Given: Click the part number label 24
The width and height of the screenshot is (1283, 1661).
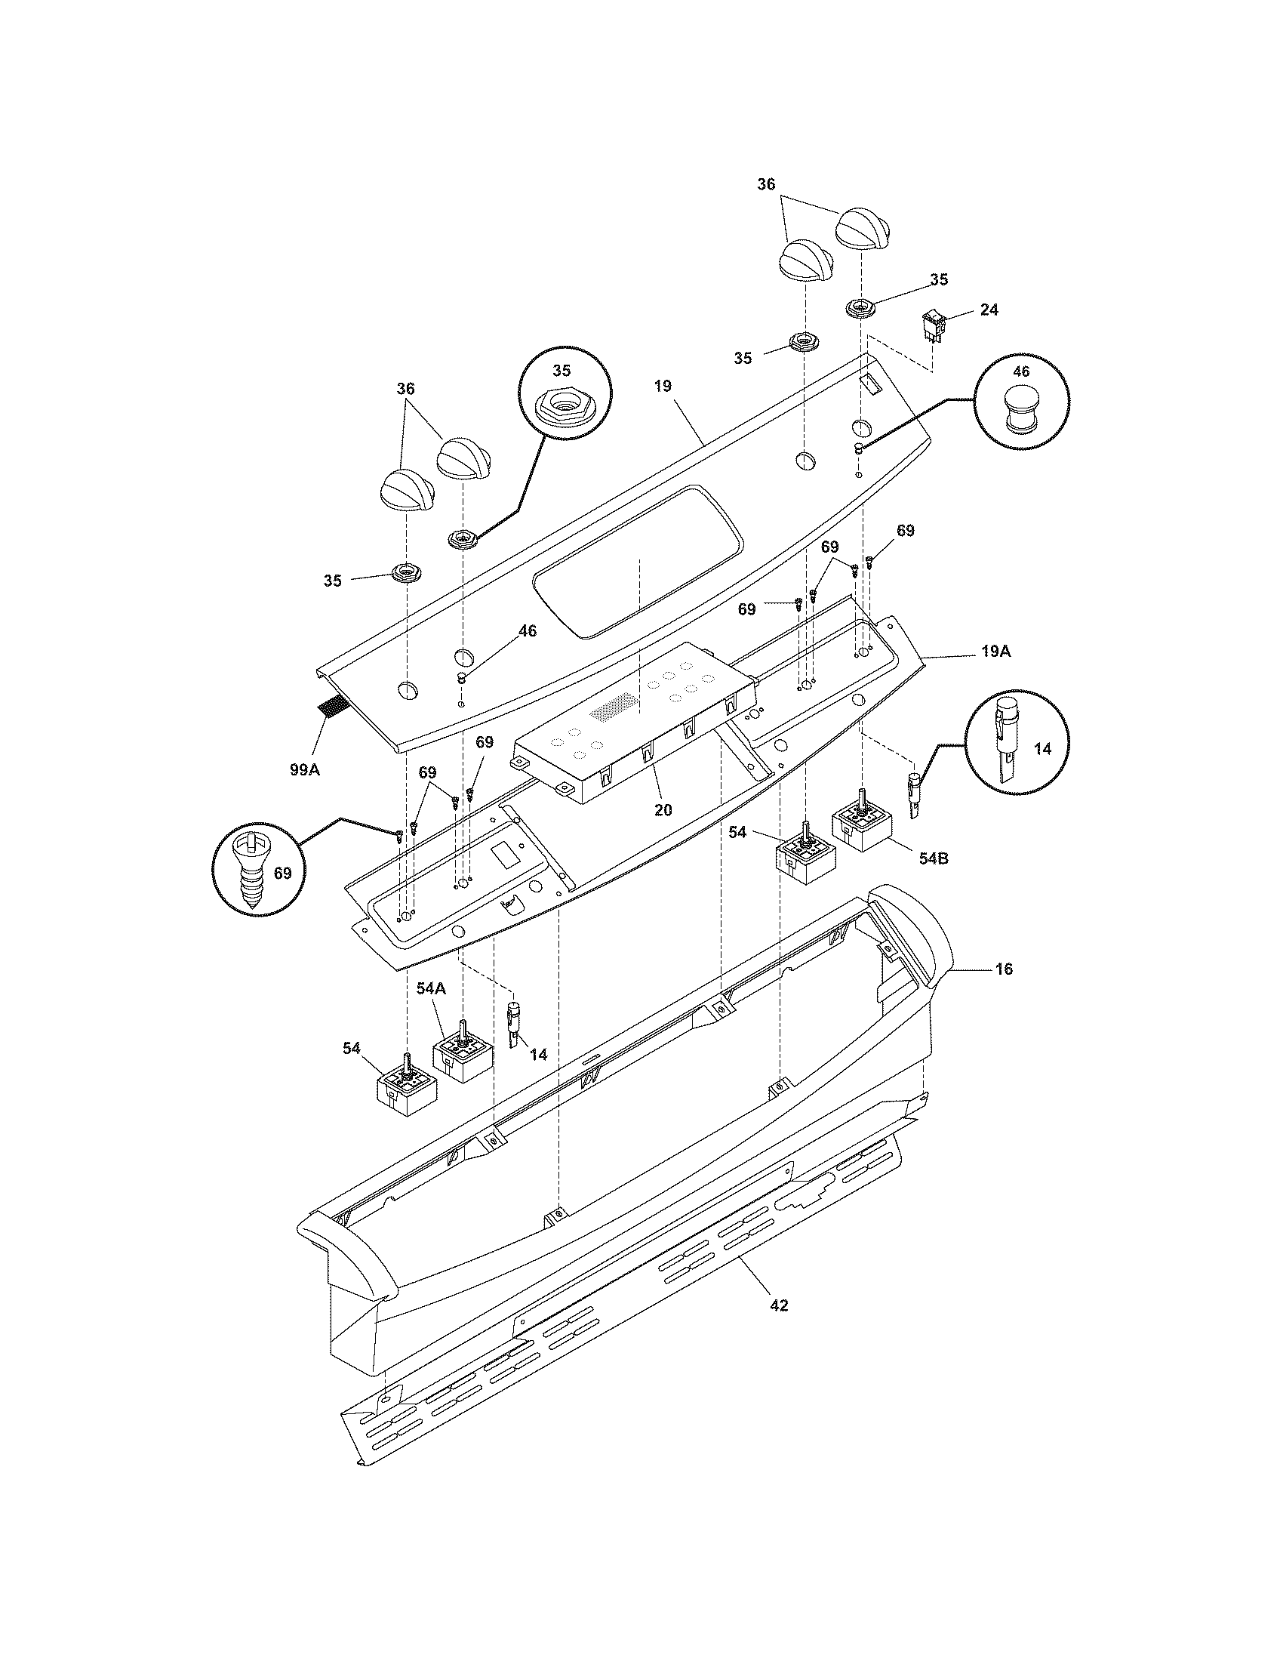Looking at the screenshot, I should point(989,310).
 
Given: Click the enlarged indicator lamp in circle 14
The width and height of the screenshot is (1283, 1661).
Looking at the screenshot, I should point(1005,741).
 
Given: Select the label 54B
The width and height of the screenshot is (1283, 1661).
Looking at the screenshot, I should point(934,858).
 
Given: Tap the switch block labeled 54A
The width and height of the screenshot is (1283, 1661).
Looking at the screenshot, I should point(462,1055).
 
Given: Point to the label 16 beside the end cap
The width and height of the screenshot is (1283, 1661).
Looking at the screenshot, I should point(1004,969).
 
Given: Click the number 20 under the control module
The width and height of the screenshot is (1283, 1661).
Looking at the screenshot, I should point(663,810).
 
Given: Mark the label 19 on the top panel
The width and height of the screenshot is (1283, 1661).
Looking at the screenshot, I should point(663,386).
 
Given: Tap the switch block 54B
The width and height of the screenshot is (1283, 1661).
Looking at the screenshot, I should point(864,830).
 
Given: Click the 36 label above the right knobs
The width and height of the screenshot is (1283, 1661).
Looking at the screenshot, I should point(766,184).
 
